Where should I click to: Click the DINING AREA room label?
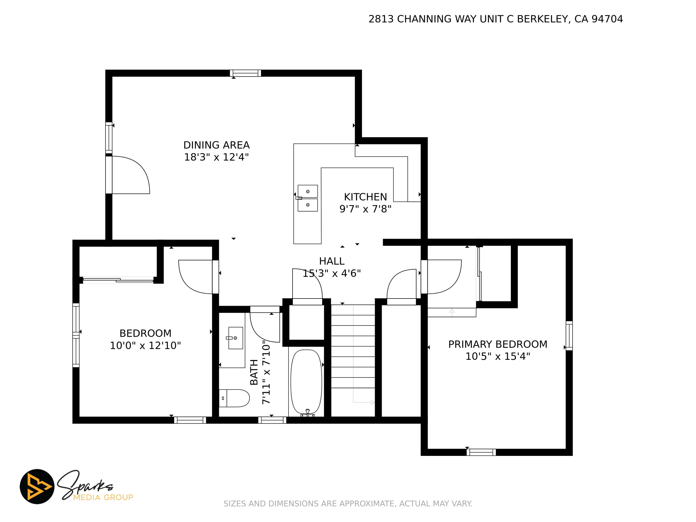click(217, 145)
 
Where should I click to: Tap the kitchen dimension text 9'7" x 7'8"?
click(365, 209)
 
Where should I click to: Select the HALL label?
click(332, 261)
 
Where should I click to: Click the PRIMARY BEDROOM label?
click(498, 344)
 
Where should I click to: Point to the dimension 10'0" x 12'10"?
click(145, 346)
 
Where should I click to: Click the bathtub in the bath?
click(306, 383)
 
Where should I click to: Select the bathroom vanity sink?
click(235, 338)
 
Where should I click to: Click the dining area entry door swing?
click(131, 175)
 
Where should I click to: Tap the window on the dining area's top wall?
click(245, 73)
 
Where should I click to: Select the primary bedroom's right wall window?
click(569, 335)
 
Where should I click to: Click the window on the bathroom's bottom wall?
click(272, 420)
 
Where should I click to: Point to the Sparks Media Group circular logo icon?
click(37, 486)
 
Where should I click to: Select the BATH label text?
click(254, 372)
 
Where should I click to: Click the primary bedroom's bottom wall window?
click(481, 452)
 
